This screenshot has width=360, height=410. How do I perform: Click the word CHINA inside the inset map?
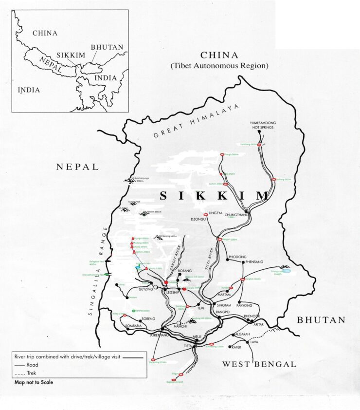click(x=44, y=33)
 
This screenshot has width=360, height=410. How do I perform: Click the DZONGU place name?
click(x=199, y=220)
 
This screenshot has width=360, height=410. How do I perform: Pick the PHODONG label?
click(x=237, y=257)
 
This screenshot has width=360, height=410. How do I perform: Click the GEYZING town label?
click(x=146, y=289)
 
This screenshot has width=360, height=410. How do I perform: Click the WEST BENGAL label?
click(x=259, y=364)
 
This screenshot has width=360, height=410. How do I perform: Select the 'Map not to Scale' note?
click(x=34, y=382)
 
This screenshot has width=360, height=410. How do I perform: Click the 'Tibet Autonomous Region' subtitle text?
click(x=219, y=65)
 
